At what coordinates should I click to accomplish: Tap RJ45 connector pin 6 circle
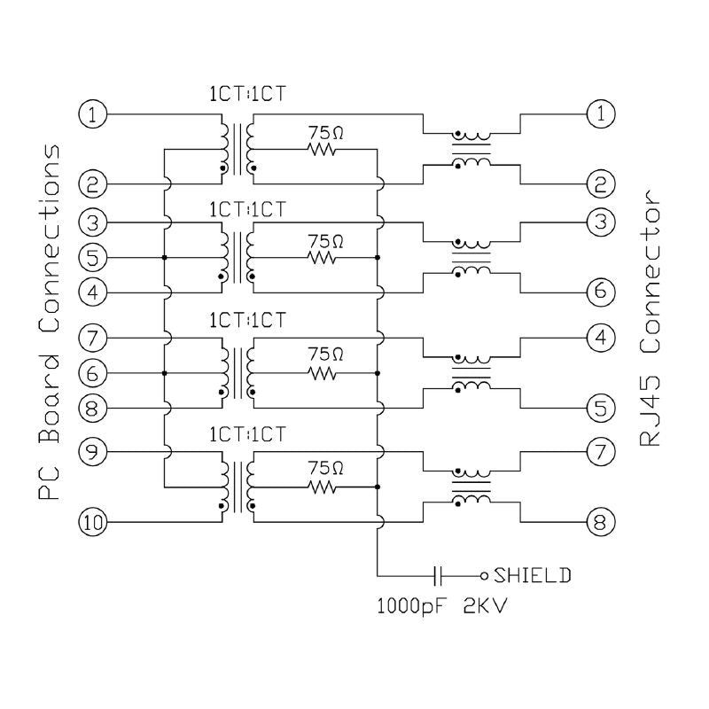coord(600,292)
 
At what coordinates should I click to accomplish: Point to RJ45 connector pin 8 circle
coord(600,522)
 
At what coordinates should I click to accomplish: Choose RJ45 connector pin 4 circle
coord(600,338)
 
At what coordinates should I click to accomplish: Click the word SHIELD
coord(532,575)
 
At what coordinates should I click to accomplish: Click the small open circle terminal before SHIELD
coord(484,575)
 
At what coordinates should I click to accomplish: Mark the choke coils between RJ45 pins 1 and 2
coord(471,149)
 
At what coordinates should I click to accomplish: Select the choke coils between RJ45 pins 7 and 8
coord(471,486)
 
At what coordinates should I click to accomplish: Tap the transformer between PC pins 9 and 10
coord(237,487)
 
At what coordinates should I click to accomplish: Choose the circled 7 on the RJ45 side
coord(600,451)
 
